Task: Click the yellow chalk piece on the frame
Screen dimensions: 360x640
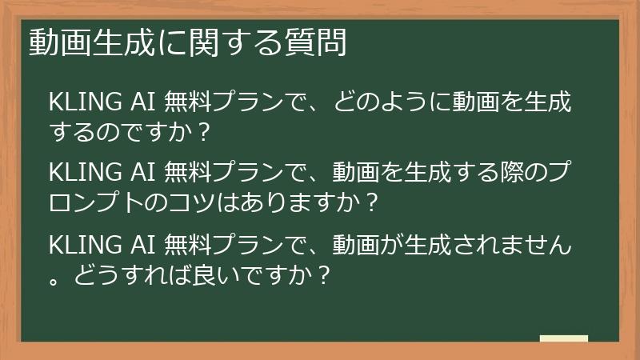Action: pos(564,338)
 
